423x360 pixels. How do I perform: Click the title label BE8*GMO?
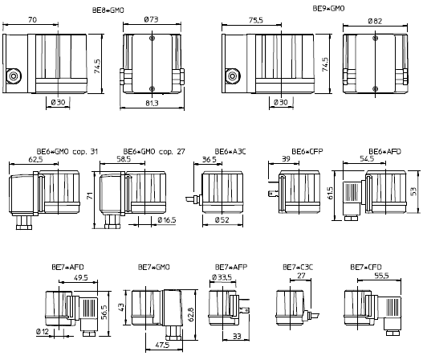click(108, 10)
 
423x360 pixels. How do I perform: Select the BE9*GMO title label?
click(328, 9)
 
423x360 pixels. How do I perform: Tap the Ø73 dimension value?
click(152, 19)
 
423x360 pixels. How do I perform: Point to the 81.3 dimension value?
click(152, 103)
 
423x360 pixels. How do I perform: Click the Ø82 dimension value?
click(375, 21)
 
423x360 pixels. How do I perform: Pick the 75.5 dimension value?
click(256, 20)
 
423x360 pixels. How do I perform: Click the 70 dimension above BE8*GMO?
click(32, 20)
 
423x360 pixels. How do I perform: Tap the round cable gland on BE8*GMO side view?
click(14, 76)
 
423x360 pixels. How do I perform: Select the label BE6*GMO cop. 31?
click(67, 152)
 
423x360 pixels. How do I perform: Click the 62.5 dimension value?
click(35, 160)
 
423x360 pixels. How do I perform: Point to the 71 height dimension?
click(90, 195)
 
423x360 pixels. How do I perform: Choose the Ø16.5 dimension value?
click(167, 220)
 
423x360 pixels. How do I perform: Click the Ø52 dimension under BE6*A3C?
click(222, 220)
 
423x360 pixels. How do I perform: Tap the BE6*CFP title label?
click(307, 151)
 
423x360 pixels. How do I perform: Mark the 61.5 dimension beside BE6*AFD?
click(331, 194)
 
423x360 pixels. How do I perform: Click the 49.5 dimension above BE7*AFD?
click(81, 277)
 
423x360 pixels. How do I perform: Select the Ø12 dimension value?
click(43, 331)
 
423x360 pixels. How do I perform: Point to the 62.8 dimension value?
click(191, 314)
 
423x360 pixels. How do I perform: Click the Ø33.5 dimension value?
click(222, 277)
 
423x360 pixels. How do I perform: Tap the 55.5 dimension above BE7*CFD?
click(381, 276)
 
